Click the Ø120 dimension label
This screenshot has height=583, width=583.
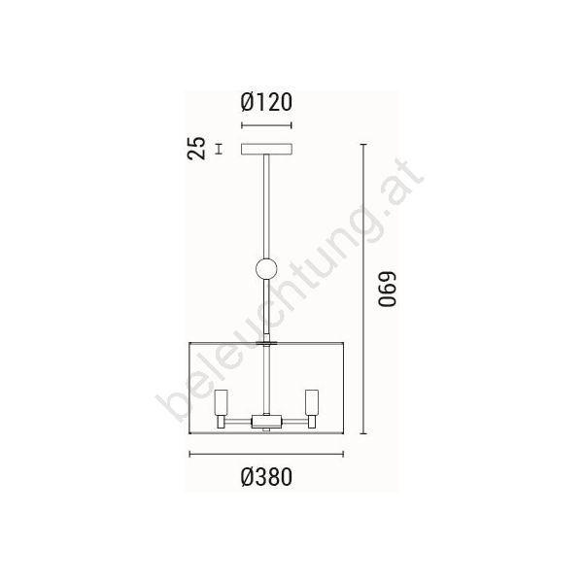pyautogui.click(x=266, y=102)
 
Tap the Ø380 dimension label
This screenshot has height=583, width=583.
pyautogui.click(x=266, y=477)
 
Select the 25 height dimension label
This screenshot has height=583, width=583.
pyautogui.click(x=196, y=149)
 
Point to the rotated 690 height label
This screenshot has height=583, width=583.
pyautogui.click(x=387, y=289)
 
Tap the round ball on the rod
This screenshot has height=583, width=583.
pyautogui.click(x=266, y=268)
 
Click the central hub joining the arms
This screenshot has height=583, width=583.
pyautogui.click(x=266, y=422)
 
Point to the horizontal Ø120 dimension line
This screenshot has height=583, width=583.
pyautogui.click(x=266, y=125)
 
